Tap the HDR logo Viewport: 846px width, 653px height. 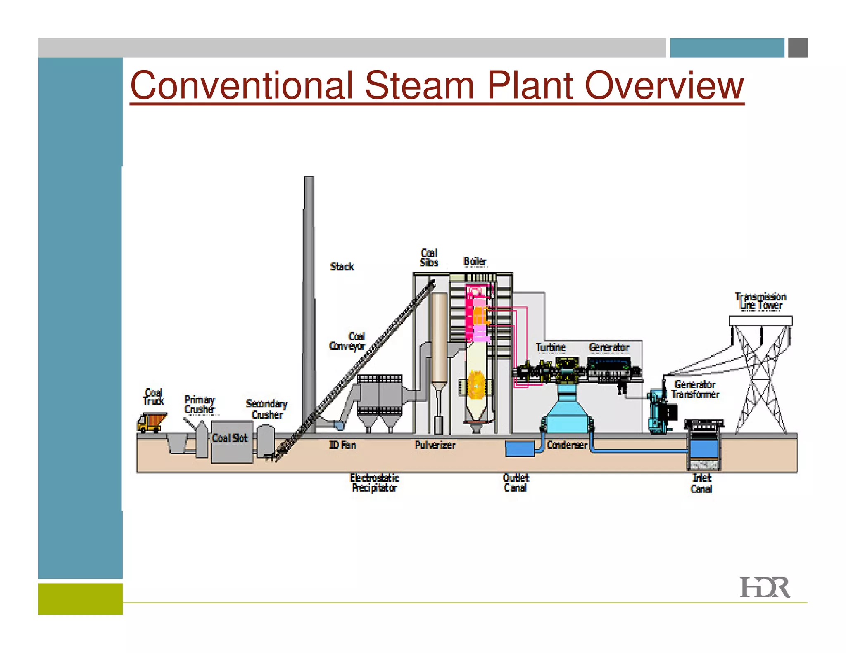coord(764,587)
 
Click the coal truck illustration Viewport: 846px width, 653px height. coord(152,422)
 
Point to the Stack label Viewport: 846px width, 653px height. coord(342,267)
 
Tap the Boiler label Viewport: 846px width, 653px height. coord(475,261)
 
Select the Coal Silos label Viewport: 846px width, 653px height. coord(429,258)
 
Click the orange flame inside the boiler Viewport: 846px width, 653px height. coord(475,385)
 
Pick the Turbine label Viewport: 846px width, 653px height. coord(551,348)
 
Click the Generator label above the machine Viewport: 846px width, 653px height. coord(609,348)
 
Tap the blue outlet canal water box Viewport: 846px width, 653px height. coord(520,449)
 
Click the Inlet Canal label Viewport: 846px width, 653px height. coord(701,483)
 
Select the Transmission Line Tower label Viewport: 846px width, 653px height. coord(760,301)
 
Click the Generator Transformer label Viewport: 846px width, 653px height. coord(695,389)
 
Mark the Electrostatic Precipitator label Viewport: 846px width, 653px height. coord(374,483)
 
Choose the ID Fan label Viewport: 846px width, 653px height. coord(342,445)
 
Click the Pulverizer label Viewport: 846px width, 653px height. coord(435,445)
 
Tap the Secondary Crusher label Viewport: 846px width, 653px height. coord(266,409)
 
